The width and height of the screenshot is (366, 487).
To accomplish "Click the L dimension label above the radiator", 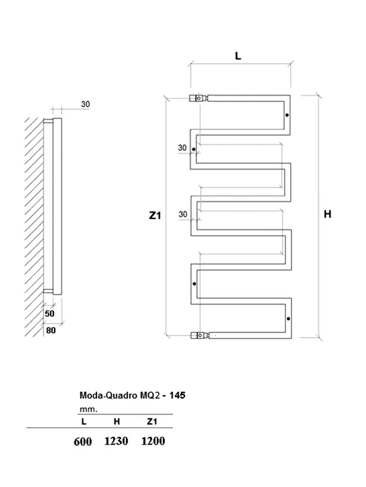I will pyautogui.click(x=238, y=56).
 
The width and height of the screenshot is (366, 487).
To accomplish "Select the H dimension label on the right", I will pyautogui.click(x=327, y=215).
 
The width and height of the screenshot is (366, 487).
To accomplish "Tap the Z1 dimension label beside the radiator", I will pyautogui.click(x=153, y=217).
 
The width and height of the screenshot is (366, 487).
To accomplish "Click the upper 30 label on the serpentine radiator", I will pyautogui.click(x=182, y=148).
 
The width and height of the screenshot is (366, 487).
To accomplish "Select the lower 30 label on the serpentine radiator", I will pyautogui.click(x=183, y=214).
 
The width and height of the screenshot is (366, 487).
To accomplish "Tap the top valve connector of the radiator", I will pyautogui.click(x=198, y=98).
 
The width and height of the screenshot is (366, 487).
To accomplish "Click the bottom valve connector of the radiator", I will pyautogui.click(x=198, y=335).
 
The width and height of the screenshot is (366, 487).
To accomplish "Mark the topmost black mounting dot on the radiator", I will pyautogui.click(x=287, y=116).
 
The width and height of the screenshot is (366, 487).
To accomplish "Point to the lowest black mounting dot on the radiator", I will pyautogui.click(x=288, y=319).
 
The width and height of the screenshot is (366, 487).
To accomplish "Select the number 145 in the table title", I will pyautogui.click(x=177, y=396).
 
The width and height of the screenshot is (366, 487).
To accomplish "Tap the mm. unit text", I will pyautogui.click(x=88, y=409).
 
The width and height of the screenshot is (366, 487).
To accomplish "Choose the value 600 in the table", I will pyautogui.click(x=83, y=441).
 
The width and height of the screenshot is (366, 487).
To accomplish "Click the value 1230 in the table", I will pyautogui.click(x=116, y=441).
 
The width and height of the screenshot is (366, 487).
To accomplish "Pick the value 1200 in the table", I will pyautogui.click(x=153, y=441).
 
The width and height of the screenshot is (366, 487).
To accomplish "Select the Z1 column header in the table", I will pyautogui.click(x=152, y=422).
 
